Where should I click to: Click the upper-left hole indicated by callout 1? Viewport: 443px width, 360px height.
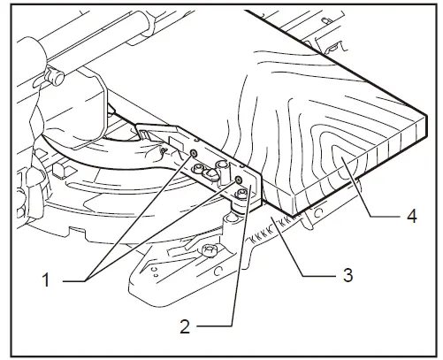point(193,153)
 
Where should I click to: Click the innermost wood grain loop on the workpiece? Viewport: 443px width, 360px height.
point(339,159)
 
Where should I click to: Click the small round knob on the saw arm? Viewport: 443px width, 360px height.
point(57,77)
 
